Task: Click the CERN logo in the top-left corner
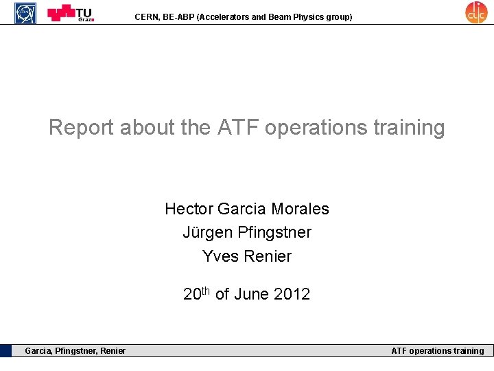26,12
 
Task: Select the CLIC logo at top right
475,12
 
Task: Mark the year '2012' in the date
292,295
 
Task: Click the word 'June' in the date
252,295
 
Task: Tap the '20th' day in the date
197,294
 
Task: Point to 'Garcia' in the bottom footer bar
38,351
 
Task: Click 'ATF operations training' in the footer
437,351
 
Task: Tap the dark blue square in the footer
6,350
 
